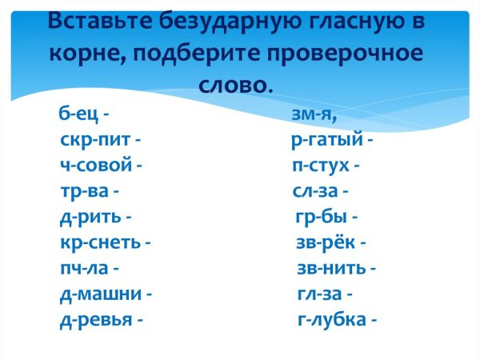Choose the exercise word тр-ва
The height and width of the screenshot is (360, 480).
[84, 192]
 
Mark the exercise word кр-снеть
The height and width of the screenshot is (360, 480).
[99, 242]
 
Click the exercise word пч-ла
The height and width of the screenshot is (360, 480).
[84, 268]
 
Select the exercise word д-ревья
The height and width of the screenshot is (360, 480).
[95, 319]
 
